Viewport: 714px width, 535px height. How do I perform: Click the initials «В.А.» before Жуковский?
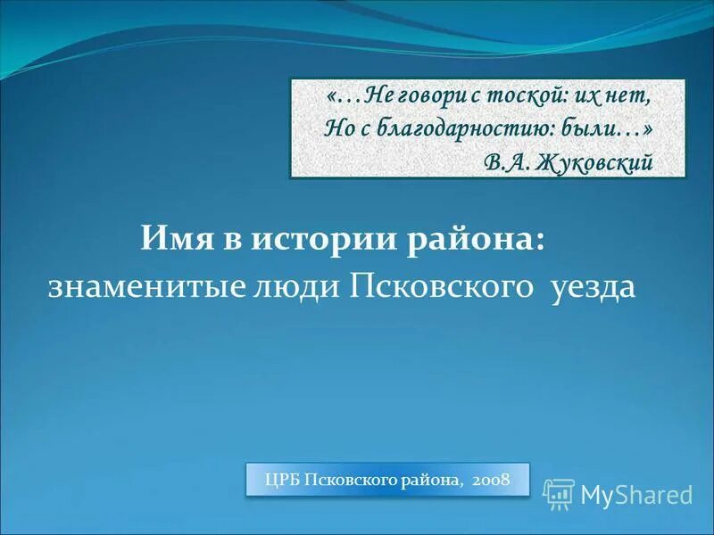508,161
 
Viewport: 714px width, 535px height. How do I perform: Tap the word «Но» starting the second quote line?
337,128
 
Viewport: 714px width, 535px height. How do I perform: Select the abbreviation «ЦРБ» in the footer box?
282,481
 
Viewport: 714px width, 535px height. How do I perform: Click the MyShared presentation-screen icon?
559,494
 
